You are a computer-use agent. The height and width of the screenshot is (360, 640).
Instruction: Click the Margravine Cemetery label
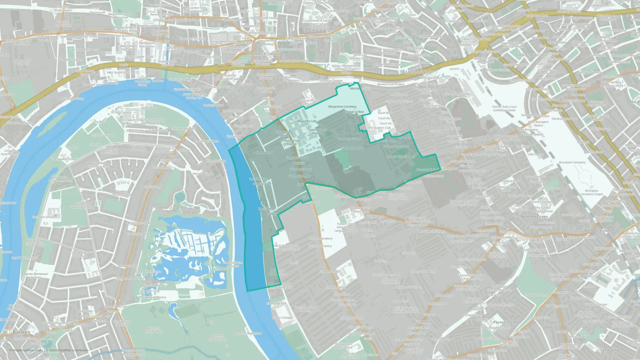tap(342, 107)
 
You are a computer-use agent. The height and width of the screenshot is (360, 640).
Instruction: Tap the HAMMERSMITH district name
tap(264, 54)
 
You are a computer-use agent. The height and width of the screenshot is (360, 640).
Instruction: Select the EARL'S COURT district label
tap(531, 55)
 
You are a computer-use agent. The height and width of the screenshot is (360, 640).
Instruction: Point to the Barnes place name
tap(21, 332)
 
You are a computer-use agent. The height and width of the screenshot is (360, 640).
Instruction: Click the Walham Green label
tap(534, 217)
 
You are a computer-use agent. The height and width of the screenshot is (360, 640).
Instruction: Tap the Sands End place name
tap(609, 350)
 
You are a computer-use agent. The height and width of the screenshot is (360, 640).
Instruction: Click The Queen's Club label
tap(379, 128)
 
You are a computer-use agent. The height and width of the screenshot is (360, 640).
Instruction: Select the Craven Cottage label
tap(282, 318)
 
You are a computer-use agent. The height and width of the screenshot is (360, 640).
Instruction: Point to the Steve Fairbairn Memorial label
tap(233, 264)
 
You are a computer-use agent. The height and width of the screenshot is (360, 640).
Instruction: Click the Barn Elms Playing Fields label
tap(153, 330)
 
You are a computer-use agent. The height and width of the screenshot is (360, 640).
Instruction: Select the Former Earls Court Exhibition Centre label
tap(504, 108)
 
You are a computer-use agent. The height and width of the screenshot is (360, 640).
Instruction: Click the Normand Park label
tap(426, 170)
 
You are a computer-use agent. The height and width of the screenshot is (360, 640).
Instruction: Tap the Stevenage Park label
tap(276, 303)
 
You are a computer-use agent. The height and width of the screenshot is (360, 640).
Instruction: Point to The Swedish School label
tap(64, 159)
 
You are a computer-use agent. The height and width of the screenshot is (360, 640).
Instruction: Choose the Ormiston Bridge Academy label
tap(305, 309)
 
